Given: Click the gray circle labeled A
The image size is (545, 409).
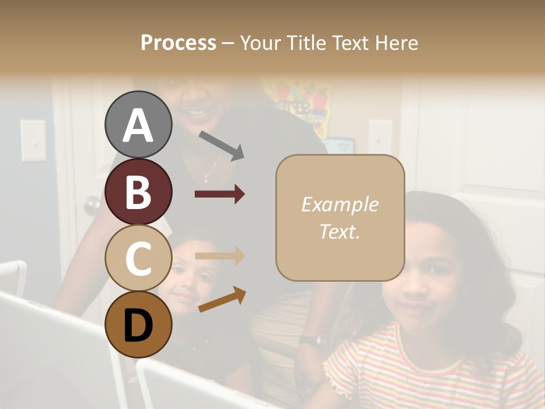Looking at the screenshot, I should (x=138, y=124).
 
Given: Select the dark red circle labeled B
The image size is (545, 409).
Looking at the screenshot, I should (x=138, y=191).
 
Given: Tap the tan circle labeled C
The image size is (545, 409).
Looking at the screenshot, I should (x=138, y=257).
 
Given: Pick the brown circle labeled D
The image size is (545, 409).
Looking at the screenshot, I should (x=138, y=324).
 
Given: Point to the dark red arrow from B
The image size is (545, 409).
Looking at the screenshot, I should (x=220, y=194).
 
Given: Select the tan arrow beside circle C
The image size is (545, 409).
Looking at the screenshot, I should (x=220, y=256).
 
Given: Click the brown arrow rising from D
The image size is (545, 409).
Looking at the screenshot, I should (x=222, y=300).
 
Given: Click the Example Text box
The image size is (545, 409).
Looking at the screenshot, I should (x=340, y=218).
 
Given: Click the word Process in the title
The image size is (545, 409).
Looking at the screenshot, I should (x=178, y=43).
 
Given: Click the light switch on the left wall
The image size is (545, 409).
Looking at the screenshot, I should (x=33, y=140).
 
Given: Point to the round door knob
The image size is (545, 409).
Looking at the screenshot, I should (x=92, y=205).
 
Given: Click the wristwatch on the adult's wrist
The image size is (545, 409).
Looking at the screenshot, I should (x=314, y=341).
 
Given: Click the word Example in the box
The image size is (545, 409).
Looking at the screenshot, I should (x=339, y=204).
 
